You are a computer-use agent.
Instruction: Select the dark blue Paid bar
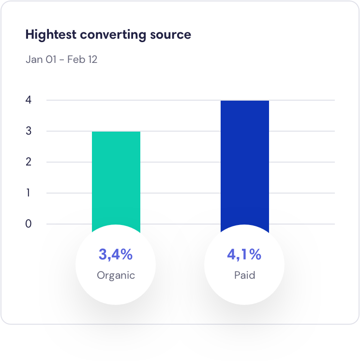pyautogui.click(x=244, y=165)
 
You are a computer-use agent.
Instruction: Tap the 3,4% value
pyautogui.click(x=116, y=254)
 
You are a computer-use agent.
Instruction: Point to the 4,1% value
pyautogui.click(x=244, y=254)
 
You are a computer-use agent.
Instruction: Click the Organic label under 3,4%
pyautogui.click(x=116, y=275)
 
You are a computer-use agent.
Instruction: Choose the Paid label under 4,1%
pyautogui.click(x=244, y=275)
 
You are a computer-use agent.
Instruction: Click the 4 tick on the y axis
pyautogui.click(x=29, y=100)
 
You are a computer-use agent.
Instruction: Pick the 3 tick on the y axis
pyautogui.click(x=29, y=131)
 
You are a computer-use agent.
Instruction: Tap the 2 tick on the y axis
pyautogui.click(x=29, y=162)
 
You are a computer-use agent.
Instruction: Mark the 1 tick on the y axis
pyautogui.click(x=29, y=193)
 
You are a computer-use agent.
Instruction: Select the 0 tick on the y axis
pyautogui.click(x=29, y=224)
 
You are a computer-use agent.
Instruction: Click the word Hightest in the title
pyautogui.click(x=51, y=35)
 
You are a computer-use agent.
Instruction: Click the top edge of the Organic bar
pyautogui.click(x=116, y=132)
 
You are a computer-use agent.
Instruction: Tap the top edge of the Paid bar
pyautogui.click(x=244, y=101)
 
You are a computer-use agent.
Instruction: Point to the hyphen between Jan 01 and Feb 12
pyautogui.click(x=62, y=60)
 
